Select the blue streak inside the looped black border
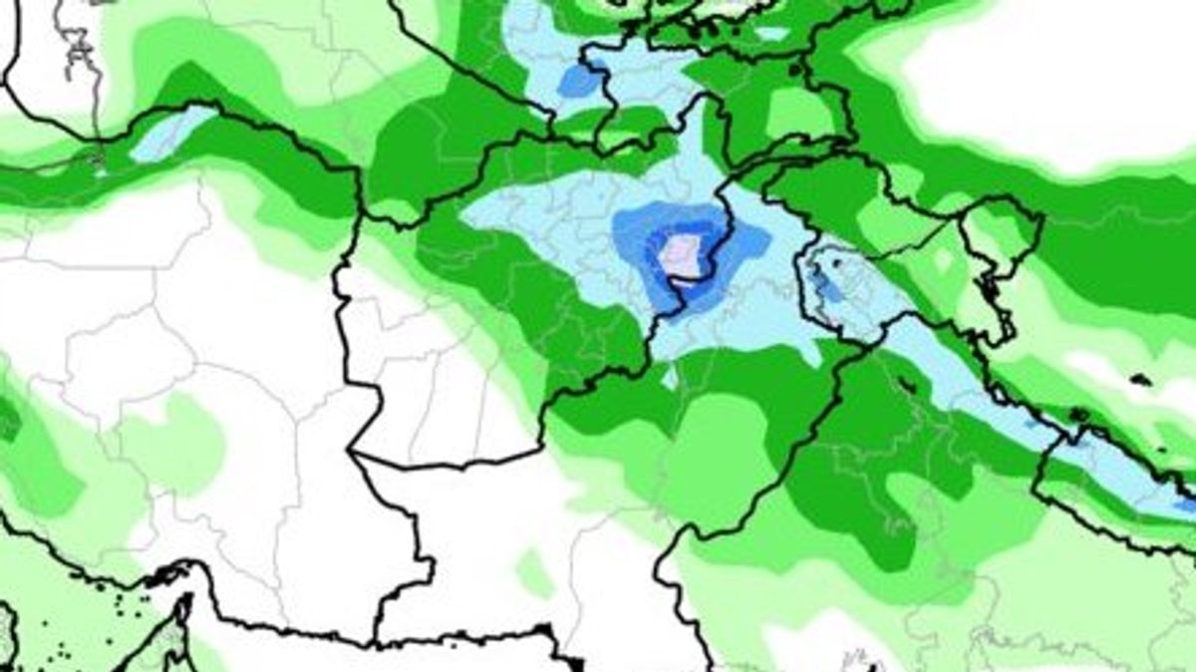[825, 285]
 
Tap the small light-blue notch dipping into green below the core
[670, 377]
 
